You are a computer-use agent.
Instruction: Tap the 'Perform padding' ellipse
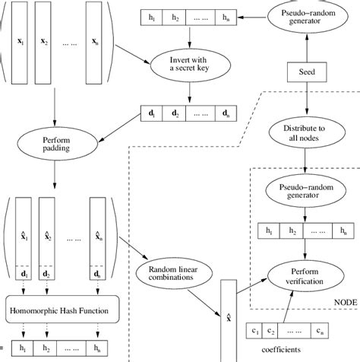[55, 144]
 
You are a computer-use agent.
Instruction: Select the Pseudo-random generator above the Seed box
[305, 21]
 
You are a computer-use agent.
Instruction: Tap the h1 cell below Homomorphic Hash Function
[24, 351]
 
